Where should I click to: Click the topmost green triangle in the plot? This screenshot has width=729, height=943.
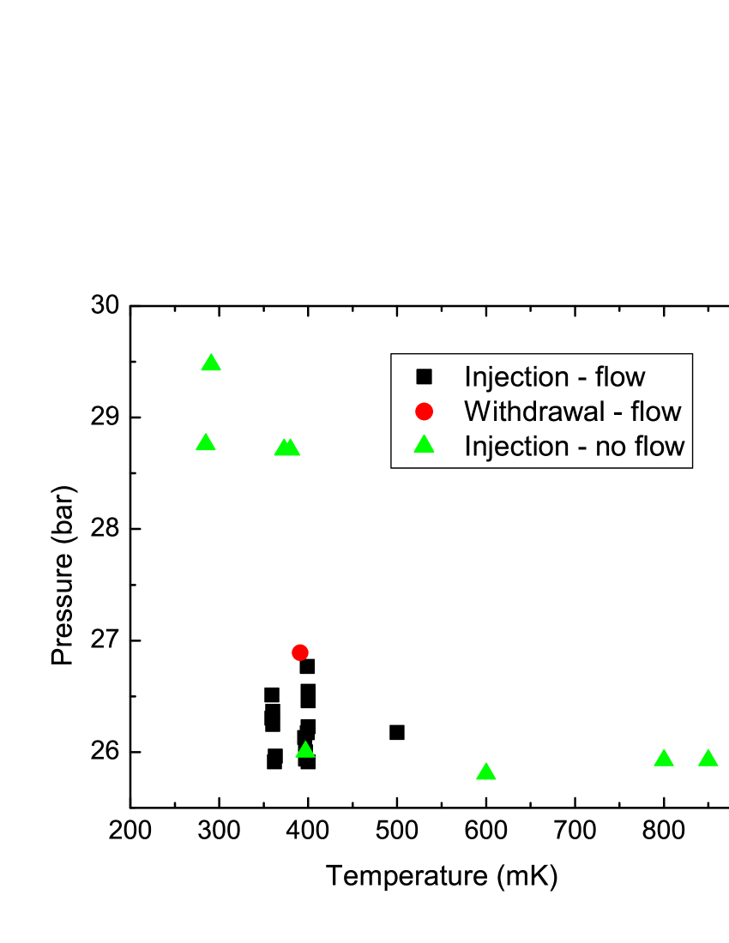(211, 363)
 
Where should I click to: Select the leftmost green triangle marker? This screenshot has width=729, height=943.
(205, 442)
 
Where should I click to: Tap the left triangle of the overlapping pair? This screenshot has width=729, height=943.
(282, 447)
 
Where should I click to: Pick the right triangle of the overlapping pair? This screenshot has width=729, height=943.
(292, 447)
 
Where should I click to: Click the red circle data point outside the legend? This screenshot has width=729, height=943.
(299, 652)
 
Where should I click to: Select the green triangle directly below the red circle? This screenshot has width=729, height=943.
(305, 750)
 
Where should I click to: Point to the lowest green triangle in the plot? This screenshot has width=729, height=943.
(486, 772)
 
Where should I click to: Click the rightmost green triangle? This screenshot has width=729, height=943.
(708, 758)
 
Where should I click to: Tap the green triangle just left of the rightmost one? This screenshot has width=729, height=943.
(664, 759)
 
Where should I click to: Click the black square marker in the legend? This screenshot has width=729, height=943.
(424, 376)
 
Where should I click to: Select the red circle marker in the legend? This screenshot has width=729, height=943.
(424, 411)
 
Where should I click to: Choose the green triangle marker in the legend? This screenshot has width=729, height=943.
(424, 445)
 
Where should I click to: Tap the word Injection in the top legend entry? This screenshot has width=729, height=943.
(517, 377)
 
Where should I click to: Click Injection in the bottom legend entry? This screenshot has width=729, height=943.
(517, 446)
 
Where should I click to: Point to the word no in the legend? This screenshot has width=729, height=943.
(612, 447)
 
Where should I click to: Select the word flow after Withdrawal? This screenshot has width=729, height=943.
(656, 411)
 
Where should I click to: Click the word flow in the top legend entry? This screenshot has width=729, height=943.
(620, 377)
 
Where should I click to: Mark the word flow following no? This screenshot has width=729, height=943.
(660, 446)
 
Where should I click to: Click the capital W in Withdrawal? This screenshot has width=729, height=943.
(475, 411)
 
